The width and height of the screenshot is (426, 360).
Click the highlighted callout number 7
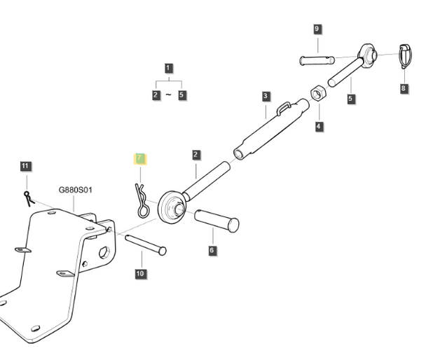[x=139, y=158]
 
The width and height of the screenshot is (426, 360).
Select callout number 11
[x=25, y=166]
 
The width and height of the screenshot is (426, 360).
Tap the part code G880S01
[x=75, y=190]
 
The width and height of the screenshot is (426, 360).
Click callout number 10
[x=141, y=274]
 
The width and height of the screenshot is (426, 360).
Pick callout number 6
[x=212, y=250]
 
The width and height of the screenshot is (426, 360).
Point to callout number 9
[x=317, y=29]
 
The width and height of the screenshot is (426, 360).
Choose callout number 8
[x=404, y=88]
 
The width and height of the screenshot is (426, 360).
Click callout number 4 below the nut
[x=319, y=127]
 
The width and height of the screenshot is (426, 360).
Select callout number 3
[x=266, y=96]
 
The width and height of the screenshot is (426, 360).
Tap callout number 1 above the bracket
[x=168, y=68]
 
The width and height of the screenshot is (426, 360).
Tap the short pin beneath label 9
[x=317, y=60]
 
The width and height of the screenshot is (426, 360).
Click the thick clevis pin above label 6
[x=217, y=221]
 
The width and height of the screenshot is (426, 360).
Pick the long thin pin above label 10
[x=146, y=244]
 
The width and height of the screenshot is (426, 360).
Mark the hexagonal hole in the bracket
[x=104, y=252]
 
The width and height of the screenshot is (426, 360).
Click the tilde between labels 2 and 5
[x=169, y=95]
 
